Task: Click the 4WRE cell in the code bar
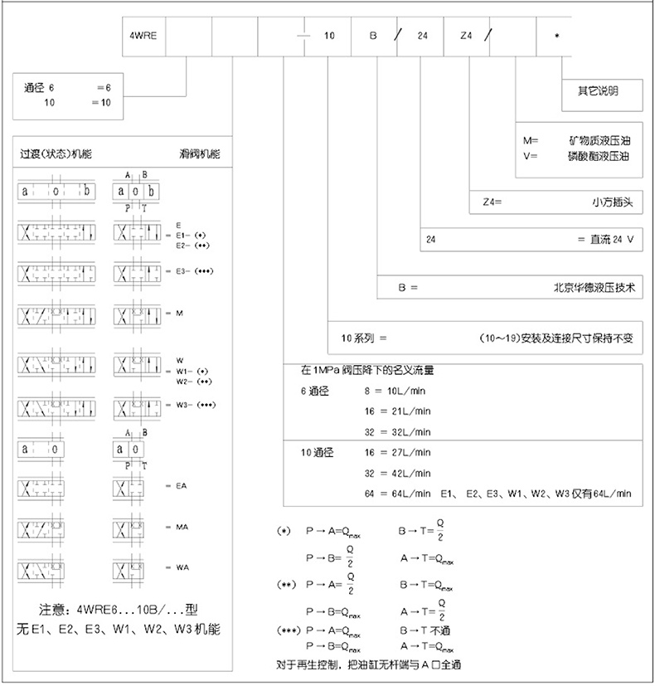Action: pyautogui.click(x=143, y=37)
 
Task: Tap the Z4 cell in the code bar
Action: pyautogui.click(x=466, y=37)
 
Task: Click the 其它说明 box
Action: pyautogui.click(x=598, y=91)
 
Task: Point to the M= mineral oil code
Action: pyautogui.click(x=531, y=140)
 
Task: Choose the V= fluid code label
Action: pyautogui.click(x=531, y=155)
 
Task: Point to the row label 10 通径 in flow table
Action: pyautogui.click(x=316, y=453)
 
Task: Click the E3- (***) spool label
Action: pyautogui.click(x=197, y=270)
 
